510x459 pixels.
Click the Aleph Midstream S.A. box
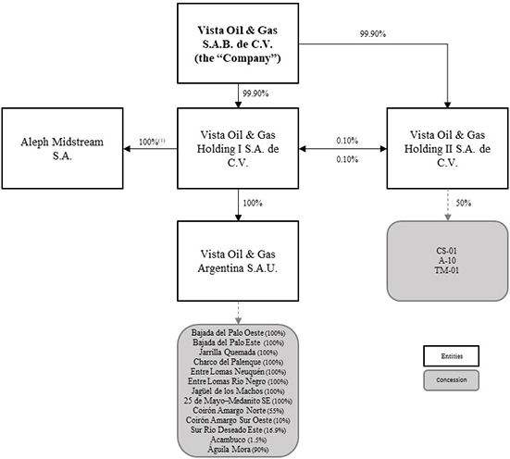click(62, 148)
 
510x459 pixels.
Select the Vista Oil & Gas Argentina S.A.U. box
click(238, 261)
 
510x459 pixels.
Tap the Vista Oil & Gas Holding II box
click(448, 148)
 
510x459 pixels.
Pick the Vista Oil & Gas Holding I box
click(238, 148)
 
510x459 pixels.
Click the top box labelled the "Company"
click(238, 43)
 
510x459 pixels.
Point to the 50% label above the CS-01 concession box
click(464, 203)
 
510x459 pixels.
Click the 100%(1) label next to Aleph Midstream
click(152, 143)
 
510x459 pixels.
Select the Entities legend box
click(451, 356)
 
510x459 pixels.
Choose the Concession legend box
click(451, 380)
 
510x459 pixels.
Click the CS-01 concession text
click(446, 251)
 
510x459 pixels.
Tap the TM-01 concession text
click(446, 270)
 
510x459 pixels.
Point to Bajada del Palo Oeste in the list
click(228, 333)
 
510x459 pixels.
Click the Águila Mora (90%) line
click(238, 449)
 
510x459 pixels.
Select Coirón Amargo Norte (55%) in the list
click(238, 411)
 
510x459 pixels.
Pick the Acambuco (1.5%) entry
click(239, 440)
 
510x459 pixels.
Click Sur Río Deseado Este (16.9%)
click(239, 429)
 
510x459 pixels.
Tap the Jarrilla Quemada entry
click(227, 353)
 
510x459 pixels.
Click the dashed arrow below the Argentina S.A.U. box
click(239, 313)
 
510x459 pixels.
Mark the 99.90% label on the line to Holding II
click(373, 34)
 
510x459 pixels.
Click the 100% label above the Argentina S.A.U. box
click(253, 203)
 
